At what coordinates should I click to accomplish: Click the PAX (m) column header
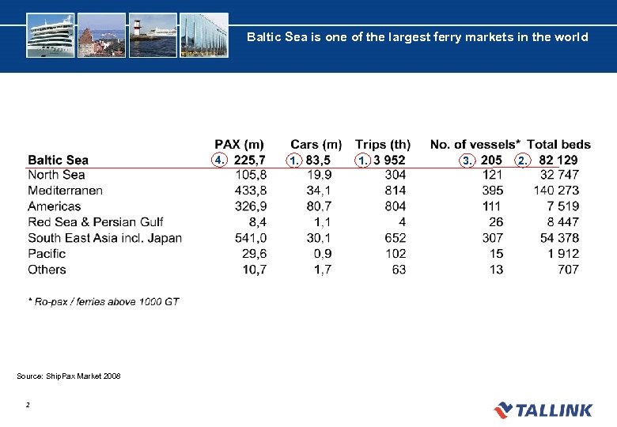[x=240, y=144]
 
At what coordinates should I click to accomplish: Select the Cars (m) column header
[x=316, y=144]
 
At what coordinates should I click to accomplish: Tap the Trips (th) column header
[x=383, y=144]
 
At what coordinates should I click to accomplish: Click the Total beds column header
[x=558, y=144]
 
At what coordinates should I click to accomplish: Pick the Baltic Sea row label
[x=59, y=160]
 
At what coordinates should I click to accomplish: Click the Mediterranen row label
[x=65, y=191]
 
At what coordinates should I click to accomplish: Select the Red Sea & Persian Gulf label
[x=96, y=222]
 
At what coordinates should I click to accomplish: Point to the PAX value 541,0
[x=251, y=238]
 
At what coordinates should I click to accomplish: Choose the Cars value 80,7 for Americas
[x=318, y=206]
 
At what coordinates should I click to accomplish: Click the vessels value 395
[x=492, y=191]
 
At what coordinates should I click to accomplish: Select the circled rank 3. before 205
[x=467, y=161]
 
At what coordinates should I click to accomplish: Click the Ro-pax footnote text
[x=103, y=302]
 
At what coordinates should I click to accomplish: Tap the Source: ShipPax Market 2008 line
[x=69, y=376]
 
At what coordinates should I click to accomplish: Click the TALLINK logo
[x=543, y=410]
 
